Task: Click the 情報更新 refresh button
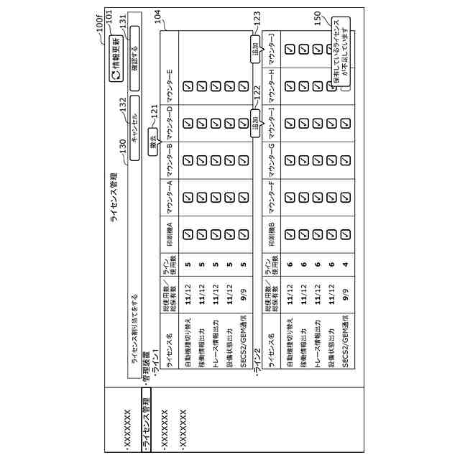(x=114, y=65)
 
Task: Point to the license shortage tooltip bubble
(x=340, y=54)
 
